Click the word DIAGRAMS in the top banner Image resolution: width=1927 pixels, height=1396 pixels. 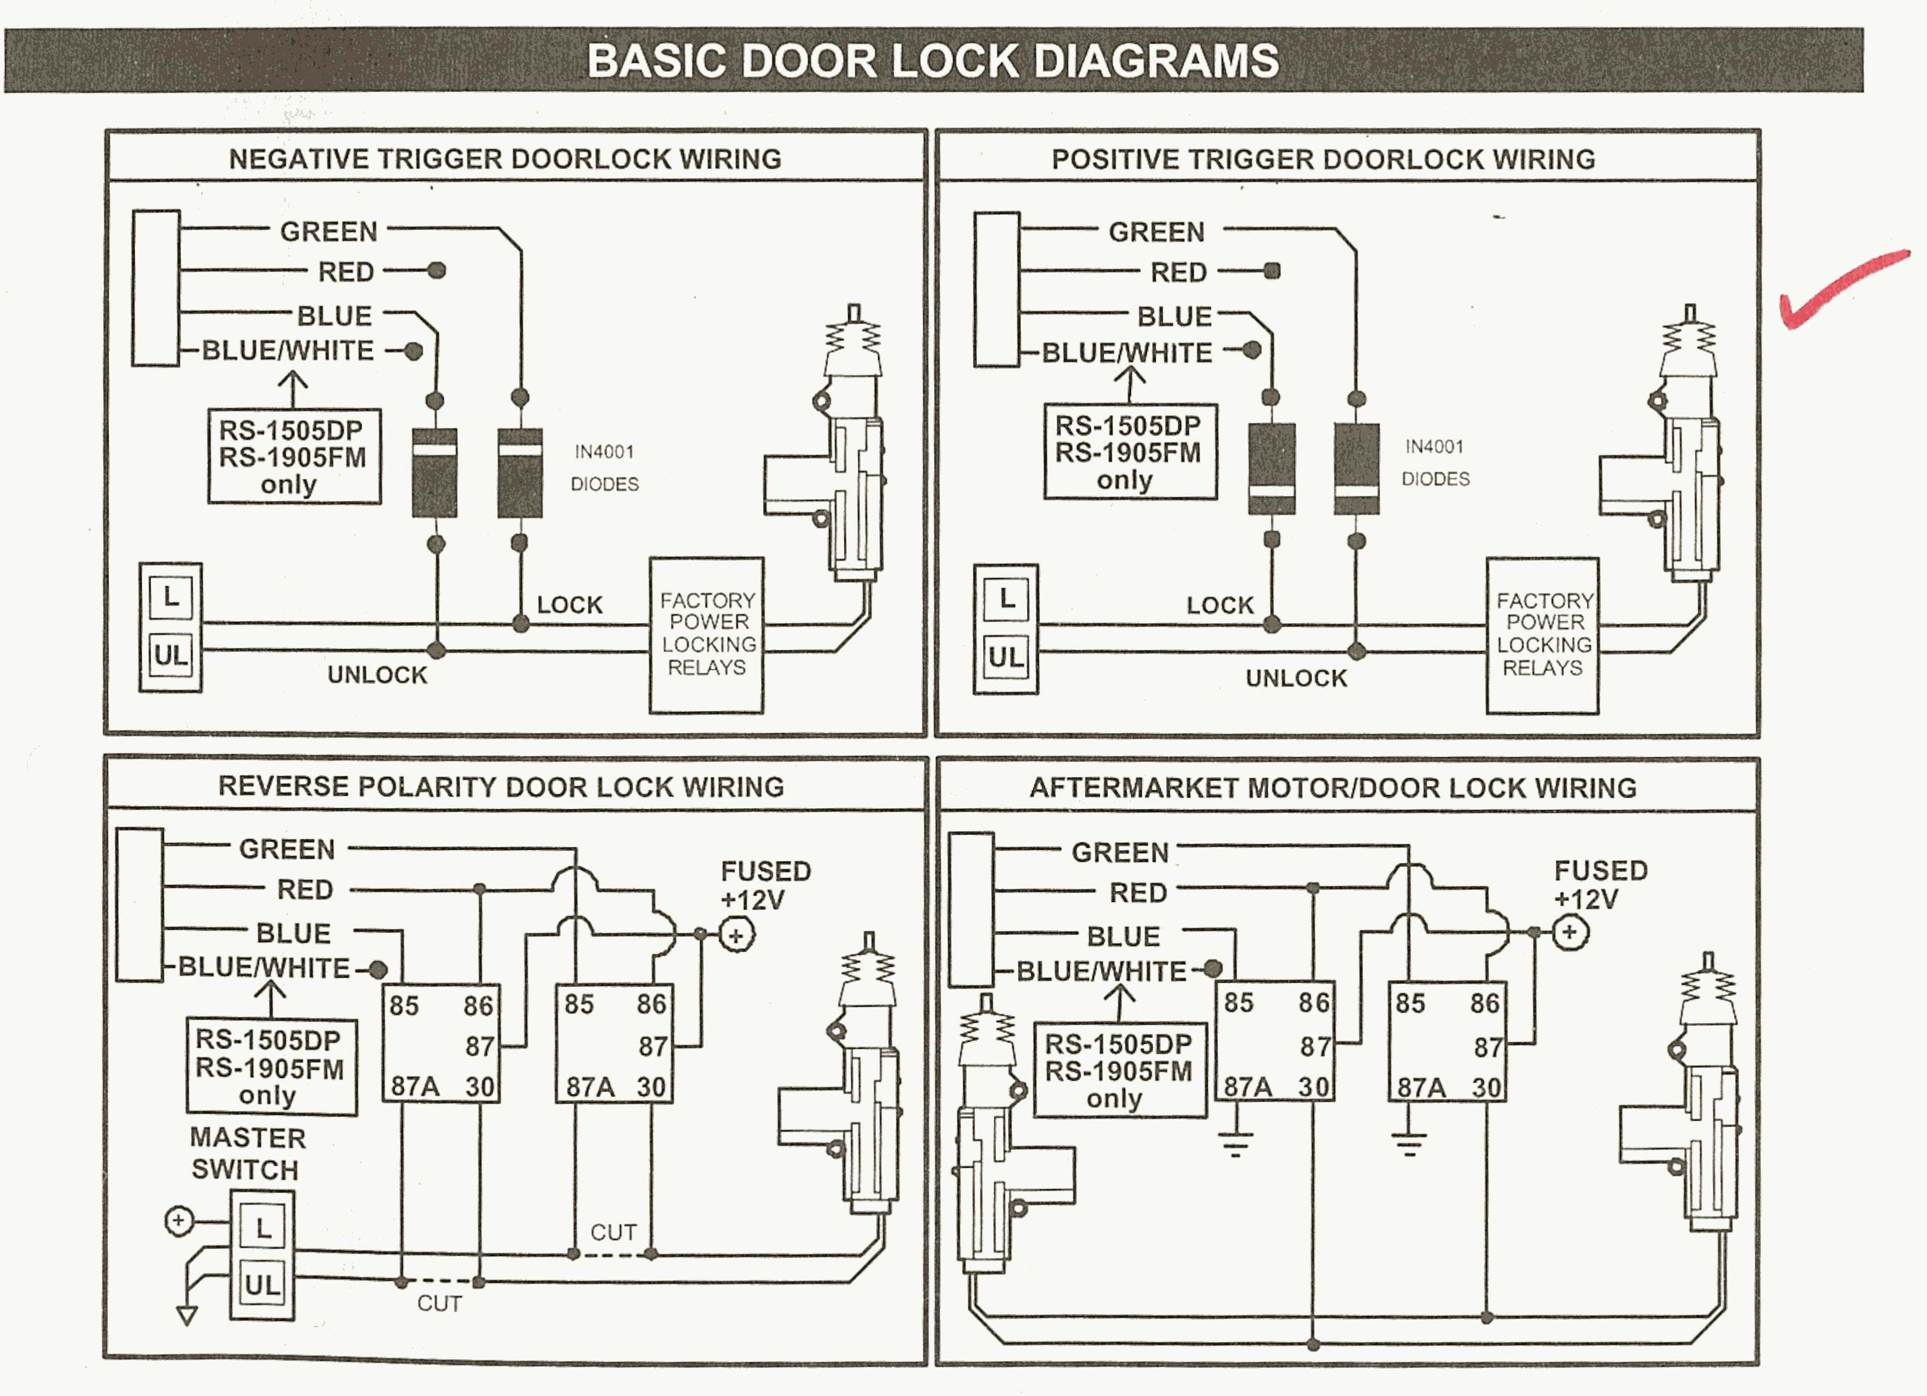pyautogui.click(x=1156, y=61)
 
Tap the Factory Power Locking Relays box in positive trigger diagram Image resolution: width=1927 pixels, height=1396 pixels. pyautogui.click(x=1542, y=636)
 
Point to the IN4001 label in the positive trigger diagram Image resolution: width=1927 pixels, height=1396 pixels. pyautogui.click(x=1434, y=447)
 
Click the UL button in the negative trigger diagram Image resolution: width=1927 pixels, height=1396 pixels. pyautogui.click(x=171, y=655)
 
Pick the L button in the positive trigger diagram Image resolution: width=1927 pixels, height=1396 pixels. pyautogui.click(x=1007, y=599)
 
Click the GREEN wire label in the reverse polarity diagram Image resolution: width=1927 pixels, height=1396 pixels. pyautogui.click(x=287, y=849)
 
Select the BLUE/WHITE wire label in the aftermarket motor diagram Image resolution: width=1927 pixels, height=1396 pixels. pyautogui.click(x=1101, y=971)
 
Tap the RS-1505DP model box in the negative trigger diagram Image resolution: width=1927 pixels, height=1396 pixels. pyautogui.click(x=294, y=456)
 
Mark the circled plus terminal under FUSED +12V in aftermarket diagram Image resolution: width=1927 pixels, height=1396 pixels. pyautogui.click(x=1569, y=932)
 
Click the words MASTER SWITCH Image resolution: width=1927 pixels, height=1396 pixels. pyautogui.click(x=247, y=1153)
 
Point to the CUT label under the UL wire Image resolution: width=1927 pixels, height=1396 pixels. pyautogui.click(x=439, y=1303)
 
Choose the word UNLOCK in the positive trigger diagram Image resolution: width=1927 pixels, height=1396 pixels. pyautogui.click(x=1296, y=678)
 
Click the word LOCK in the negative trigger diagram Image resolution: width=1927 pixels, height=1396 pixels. pyautogui.click(x=569, y=605)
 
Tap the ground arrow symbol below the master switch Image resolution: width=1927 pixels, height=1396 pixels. pyautogui.click(x=187, y=1315)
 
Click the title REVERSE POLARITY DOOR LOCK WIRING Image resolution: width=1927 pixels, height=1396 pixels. pyautogui.click(x=501, y=787)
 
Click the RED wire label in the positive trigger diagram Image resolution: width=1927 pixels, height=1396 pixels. pyautogui.click(x=1179, y=273)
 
